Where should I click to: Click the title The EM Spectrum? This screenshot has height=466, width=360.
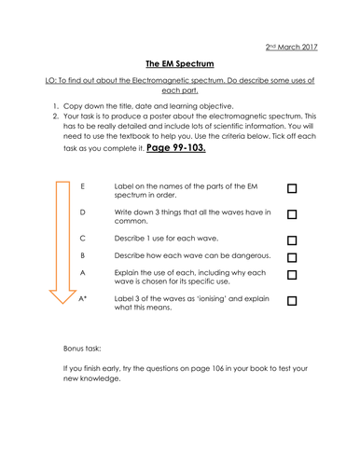click(x=180, y=64)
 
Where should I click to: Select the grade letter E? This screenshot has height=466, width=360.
click(x=83, y=187)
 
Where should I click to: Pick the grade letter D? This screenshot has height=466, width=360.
click(x=83, y=212)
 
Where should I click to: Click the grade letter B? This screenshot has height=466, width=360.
click(x=83, y=254)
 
